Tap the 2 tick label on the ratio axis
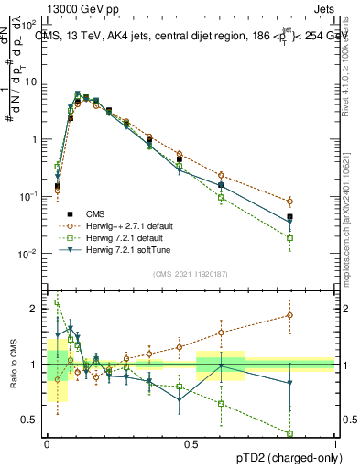click(x=36, y=309)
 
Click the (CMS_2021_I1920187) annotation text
click(x=191, y=273)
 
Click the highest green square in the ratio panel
click(x=58, y=302)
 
